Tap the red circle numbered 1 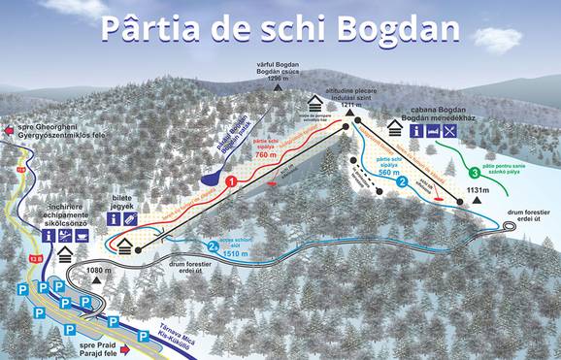(x=232, y=180)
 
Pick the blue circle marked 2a (x=212, y=245)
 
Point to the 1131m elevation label (x=477, y=191)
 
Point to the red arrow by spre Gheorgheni (x=11, y=128)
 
